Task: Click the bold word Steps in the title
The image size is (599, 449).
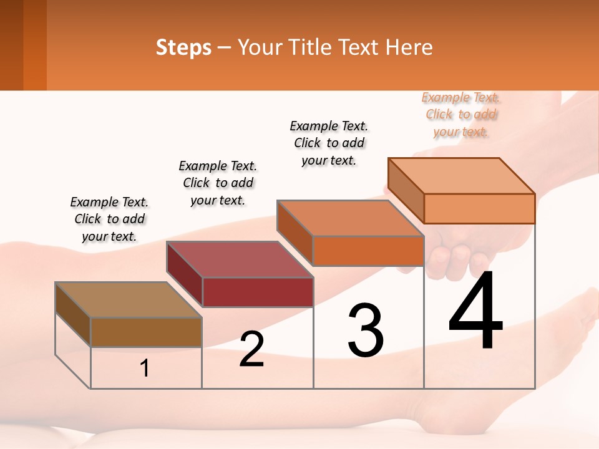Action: tap(183, 47)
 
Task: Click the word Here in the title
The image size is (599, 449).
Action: tap(409, 47)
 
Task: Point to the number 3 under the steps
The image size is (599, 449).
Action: tap(365, 331)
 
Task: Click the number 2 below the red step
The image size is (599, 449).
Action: tap(251, 349)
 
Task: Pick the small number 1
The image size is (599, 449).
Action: tap(145, 369)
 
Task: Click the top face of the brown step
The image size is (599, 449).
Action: tap(129, 300)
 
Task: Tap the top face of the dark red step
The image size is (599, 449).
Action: tap(240, 259)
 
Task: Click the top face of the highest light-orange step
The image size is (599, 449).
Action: tap(462, 176)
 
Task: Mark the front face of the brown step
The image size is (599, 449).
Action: tap(146, 332)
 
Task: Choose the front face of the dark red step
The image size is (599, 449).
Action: tap(258, 292)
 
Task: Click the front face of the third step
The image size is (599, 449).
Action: tap(368, 251)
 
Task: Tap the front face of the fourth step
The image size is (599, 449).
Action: tap(479, 208)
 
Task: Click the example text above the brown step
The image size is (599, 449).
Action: tap(109, 219)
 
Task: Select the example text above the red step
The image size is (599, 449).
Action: tap(218, 183)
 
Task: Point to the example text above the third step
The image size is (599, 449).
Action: tap(329, 143)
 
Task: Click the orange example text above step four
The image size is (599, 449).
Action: tap(461, 114)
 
